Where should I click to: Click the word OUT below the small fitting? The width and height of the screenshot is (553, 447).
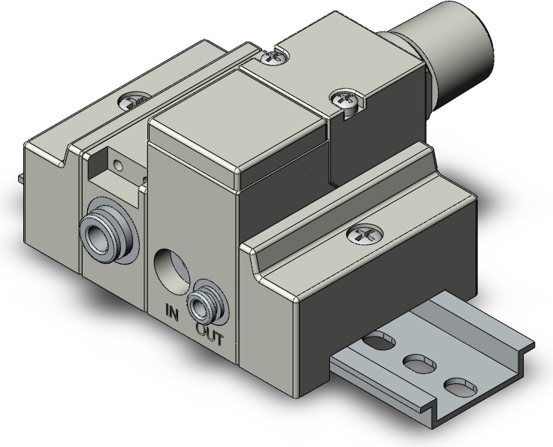[x=210, y=339]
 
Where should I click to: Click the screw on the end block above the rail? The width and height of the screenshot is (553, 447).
[x=361, y=234]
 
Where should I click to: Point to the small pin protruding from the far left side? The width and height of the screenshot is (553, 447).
[x=20, y=178]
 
